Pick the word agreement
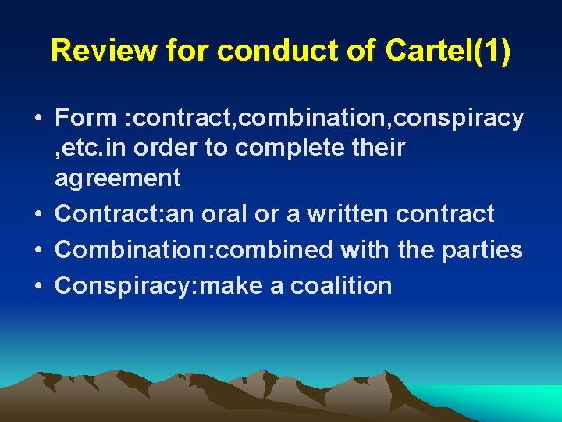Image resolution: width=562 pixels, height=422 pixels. tap(117, 178)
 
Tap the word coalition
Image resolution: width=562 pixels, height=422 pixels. tap(341, 286)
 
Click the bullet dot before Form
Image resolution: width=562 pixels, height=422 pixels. tap(37, 119)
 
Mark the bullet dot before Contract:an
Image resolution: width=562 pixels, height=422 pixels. tap(37, 214)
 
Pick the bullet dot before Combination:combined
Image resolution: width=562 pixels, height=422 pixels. tap(37, 250)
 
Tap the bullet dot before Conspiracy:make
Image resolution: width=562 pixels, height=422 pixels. tap(37, 286)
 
